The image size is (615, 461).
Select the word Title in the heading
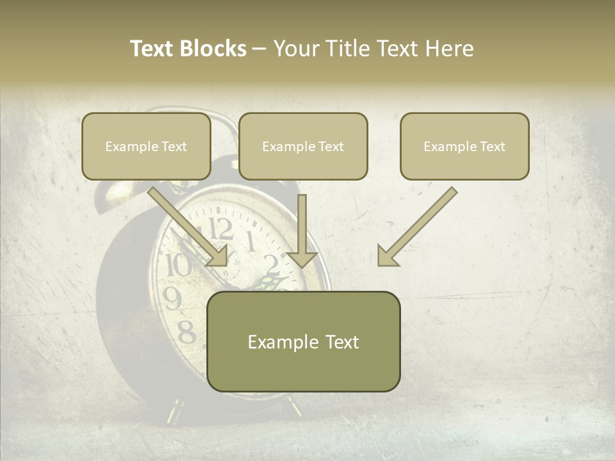[x=350, y=49]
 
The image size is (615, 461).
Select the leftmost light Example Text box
[x=146, y=147]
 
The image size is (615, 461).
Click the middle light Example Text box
[x=303, y=147]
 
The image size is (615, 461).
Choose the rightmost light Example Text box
[x=464, y=147]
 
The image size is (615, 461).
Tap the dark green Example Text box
[x=303, y=342]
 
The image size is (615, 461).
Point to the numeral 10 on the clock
[x=178, y=264]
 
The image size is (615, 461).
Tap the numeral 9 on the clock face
[x=172, y=297]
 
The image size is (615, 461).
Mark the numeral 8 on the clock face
[x=186, y=332]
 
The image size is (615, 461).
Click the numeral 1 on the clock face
[x=250, y=242]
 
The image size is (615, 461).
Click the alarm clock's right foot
[x=295, y=406]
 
